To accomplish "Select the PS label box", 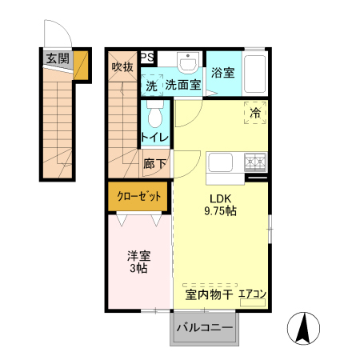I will point(148,57).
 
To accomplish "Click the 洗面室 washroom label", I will point(182,85).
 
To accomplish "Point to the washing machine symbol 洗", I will point(151,85).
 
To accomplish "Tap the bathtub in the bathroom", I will point(255,75).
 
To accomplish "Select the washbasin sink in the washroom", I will point(188,62).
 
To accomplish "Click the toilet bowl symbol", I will point(156,115).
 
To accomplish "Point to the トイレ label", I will point(155,137).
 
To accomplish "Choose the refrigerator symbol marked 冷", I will point(255,113).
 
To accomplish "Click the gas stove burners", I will point(256,162).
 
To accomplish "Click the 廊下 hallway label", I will point(155,164).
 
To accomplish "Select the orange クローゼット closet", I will point(138,196).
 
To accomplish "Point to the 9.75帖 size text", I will point(220,211).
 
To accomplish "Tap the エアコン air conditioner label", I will point(252,294).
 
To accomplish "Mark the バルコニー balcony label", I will point(204,328).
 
